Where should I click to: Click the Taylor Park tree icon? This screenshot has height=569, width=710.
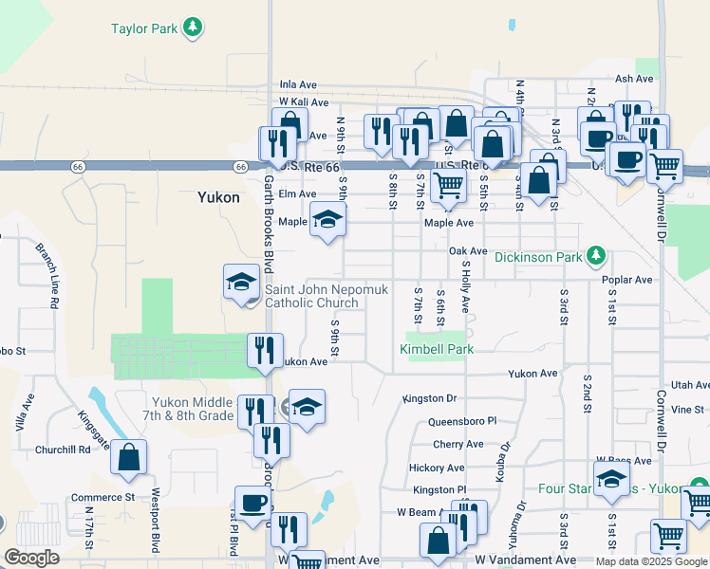click(194, 28)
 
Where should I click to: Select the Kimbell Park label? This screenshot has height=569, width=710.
click(436, 350)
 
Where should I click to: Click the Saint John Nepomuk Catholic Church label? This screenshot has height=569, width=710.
click(311, 297)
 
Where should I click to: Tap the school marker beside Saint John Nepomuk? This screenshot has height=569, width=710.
click(241, 282)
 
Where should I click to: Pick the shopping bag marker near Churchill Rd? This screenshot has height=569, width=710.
click(129, 457)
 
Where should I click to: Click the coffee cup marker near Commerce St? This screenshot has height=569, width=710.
click(252, 504)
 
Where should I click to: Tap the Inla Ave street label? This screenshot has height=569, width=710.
click(296, 84)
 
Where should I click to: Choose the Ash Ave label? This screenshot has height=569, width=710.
click(636, 79)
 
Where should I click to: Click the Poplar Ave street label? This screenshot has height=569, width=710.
click(626, 280)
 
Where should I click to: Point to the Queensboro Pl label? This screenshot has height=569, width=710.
click(462, 420)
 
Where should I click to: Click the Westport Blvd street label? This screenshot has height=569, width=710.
click(155, 506)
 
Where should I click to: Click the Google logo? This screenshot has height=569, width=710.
click(32, 558)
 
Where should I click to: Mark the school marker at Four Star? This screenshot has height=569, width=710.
click(611, 478)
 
